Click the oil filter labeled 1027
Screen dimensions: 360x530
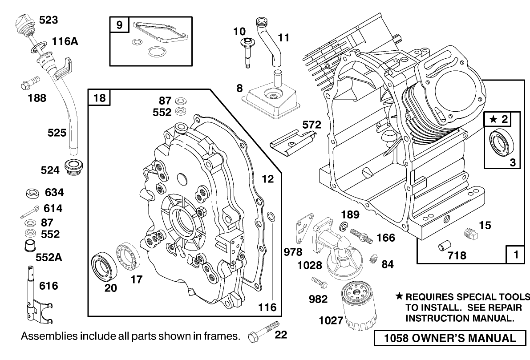coord(360,307)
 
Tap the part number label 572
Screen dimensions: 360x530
coord(312,125)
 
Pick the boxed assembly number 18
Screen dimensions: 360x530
coord(100,97)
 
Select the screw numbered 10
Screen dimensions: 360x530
coord(246,51)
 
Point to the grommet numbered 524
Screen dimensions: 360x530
coord(74,167)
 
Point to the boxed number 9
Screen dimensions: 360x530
coord(119,25)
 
